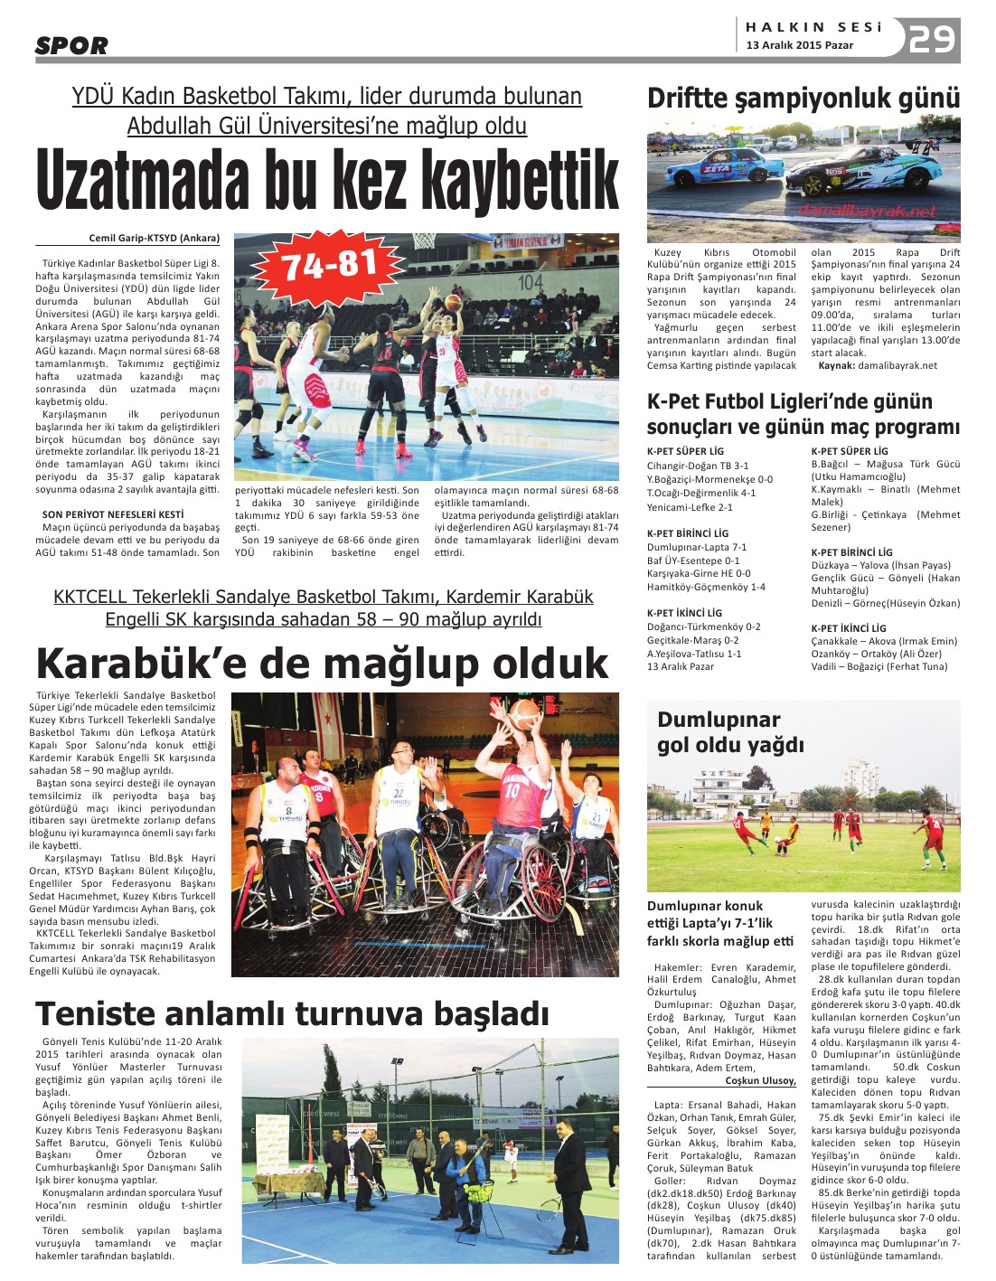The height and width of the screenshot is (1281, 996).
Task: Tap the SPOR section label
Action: pos(71,45)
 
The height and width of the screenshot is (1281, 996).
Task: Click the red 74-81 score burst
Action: pos(329,265)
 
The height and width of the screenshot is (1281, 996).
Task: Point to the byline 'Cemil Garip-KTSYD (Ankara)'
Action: pos(154,239)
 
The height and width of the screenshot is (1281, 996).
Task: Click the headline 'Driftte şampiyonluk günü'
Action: pos(803,98)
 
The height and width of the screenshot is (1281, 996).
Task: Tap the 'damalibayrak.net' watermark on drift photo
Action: pos(867,211)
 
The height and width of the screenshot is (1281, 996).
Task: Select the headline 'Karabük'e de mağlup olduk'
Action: pos(322,664)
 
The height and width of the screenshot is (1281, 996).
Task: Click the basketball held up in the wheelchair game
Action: pos(525,715)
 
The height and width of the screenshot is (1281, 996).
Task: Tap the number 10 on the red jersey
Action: pos(512,790)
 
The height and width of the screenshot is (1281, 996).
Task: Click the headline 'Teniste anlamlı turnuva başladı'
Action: pos(291,1013)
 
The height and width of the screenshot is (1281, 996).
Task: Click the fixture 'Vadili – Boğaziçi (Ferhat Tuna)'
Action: pos(879,666)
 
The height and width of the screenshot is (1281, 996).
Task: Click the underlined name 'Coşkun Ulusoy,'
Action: pos(760,1080)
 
